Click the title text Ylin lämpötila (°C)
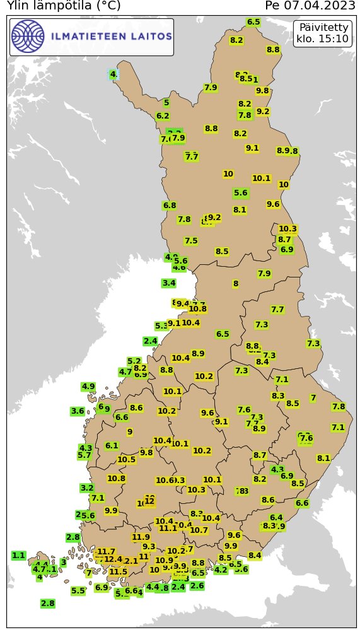[x=63, y=6]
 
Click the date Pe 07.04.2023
[x=310, y=6]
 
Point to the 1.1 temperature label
[x=18, y=556]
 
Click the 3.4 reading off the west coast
[x=168, y=283]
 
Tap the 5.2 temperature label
[x=134, y=361]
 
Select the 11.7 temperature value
[x=107, y=552]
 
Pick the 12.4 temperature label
[x=113, y=559]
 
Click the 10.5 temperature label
[x=126, y=460]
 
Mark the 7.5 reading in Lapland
[x=191, y=241]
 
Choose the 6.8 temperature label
[x=169, y=206]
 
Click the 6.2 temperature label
[x=162, y=116]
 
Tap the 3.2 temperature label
[x=87, y=488]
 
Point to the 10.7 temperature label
[x=199, y=530]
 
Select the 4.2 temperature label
[x=221, y=570]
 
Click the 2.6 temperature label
[x=197, y=586]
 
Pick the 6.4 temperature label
[x=276, y=518]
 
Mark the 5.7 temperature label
[x=84, y=455]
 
